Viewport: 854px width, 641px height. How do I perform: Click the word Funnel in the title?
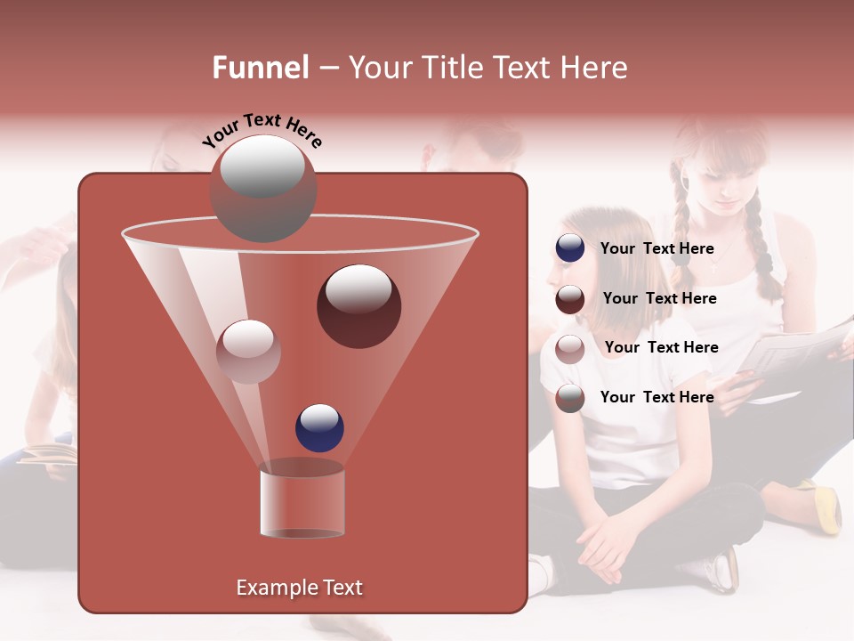(x=260, y=68)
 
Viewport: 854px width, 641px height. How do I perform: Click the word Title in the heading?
(x=452, y=68)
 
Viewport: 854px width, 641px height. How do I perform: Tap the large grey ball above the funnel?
(x=263, y=189)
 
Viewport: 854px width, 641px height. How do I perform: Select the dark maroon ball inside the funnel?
(x=359, y=306)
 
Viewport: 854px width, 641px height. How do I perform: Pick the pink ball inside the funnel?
(x=248, y=352)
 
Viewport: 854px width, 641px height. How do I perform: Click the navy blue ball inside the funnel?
(x=319, y=427)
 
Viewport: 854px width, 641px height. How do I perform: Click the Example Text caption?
(x=299, y=588)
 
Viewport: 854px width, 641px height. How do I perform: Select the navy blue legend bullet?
(x=570, y=248)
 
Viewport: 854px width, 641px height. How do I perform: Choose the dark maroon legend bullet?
(x=570, y=299)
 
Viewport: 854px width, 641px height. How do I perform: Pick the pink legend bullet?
(x=570, y=348)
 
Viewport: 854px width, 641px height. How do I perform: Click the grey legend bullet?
(x=570, y=398)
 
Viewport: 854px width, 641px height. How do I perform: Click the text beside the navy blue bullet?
(x=657, y=249)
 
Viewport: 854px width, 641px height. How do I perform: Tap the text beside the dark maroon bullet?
(x=659, y=299)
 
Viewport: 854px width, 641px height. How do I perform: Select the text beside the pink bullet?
(x=661, y=348)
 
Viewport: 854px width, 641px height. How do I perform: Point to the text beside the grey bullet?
(x=657, y=398)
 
